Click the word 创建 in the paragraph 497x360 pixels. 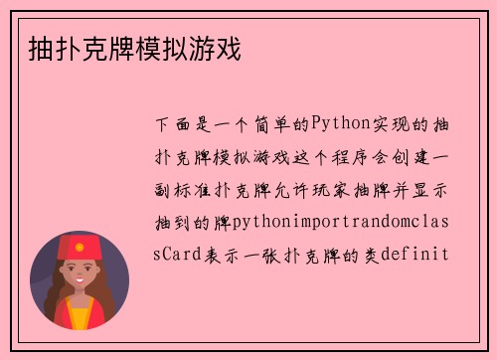[x=418, y=156]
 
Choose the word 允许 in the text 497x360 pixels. [x=301, y=189]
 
